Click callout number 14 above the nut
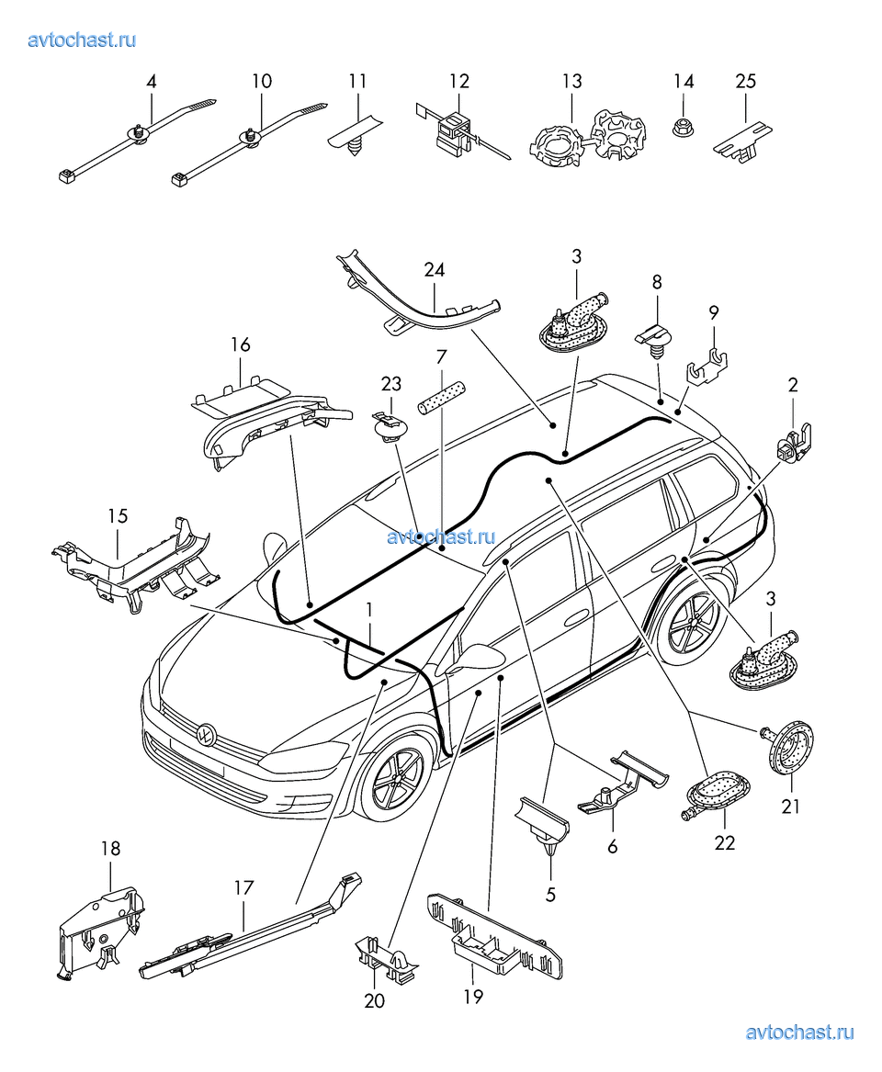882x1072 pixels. (x=683, y=81)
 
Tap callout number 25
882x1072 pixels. (x=745, y=81)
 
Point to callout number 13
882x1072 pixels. (x=571, y=81)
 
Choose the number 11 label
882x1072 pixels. (x=357, y=81)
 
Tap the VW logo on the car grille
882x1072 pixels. (x=206, y=735)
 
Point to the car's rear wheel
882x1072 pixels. (x=690, y=626)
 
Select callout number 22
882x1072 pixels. (x=725, y=843)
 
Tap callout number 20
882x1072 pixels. (x=374, y=1000)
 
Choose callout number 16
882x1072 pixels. (x=241, y=345)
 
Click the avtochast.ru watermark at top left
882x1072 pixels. (x=82, y=39)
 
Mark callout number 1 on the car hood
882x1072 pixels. (x=368, y=609)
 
